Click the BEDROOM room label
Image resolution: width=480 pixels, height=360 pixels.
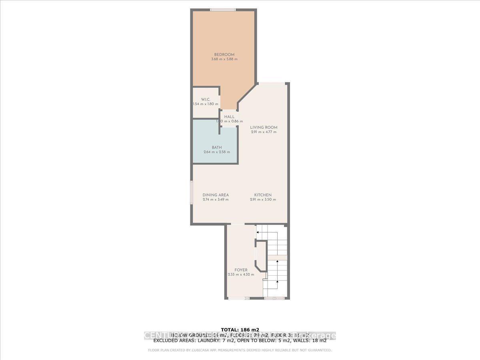pos(224,55)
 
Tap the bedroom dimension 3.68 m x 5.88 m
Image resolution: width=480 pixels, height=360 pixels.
pos(224,59)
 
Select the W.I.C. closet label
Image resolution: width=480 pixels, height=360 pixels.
pos(206,99)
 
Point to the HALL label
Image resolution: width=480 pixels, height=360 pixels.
pos(229,117)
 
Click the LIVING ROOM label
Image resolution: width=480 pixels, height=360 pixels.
pos(261,128)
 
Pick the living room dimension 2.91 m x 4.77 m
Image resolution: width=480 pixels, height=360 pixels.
pos(261,132)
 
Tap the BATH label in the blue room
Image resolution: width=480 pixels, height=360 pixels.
pos(217,148)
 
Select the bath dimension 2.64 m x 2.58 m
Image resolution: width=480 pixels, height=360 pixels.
pos(217,152)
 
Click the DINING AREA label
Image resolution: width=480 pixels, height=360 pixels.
pos(216,195)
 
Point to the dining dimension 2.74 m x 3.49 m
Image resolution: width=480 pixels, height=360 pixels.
pos(216,200)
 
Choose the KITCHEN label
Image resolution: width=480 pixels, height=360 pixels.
pos(263,195)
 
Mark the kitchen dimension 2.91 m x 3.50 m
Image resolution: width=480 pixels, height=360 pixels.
pos(263,200)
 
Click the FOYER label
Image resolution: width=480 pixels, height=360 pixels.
pos(241,270)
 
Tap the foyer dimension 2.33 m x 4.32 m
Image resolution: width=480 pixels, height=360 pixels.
pos(241,274)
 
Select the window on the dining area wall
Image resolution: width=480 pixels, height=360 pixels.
pos(191,193)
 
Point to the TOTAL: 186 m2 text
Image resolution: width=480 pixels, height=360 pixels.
pos(240,330)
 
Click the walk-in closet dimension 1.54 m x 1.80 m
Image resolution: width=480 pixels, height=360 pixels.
pos(206,104)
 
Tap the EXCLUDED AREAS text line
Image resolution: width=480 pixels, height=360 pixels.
pos(240,341)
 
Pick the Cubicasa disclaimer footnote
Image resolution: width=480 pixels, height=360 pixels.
pos(240,350)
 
